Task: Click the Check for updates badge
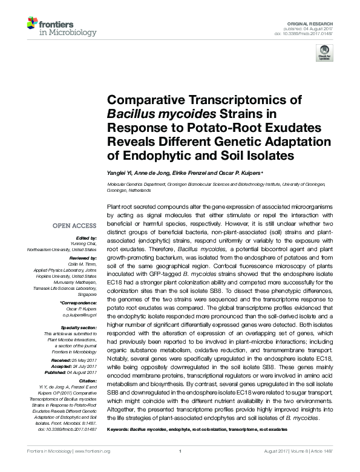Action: (326, 52)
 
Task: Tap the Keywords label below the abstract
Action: (119, 428)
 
